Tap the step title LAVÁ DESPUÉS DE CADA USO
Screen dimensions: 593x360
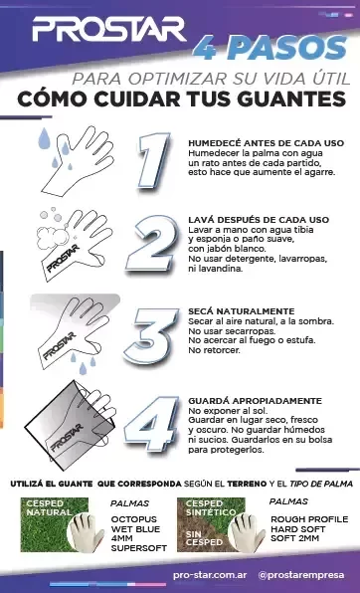tap(259, 219)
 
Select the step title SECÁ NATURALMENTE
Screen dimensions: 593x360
tap(241, 311)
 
